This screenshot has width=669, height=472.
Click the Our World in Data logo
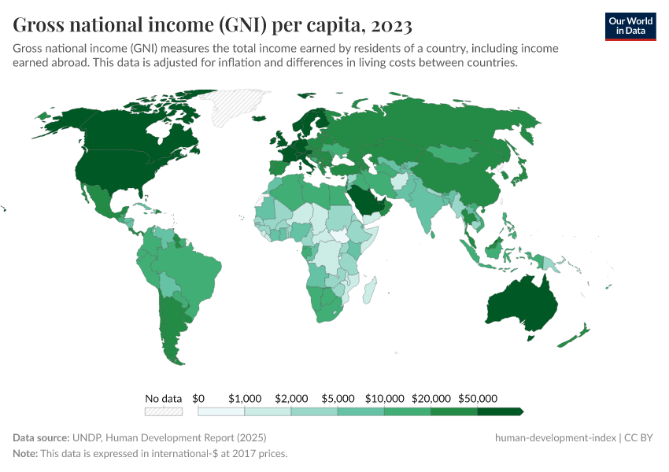point(630,25)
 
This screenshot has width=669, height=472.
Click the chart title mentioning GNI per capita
point(213,25)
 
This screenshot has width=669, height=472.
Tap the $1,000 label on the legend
point(245,399)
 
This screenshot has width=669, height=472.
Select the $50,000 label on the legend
point(478,399)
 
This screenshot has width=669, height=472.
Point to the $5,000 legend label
point(338,399)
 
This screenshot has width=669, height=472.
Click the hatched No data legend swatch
point(163,411)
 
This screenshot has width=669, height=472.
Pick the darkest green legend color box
point(500,411)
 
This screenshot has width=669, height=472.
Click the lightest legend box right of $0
point(221,411)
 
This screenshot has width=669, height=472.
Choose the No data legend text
point(163,399)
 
